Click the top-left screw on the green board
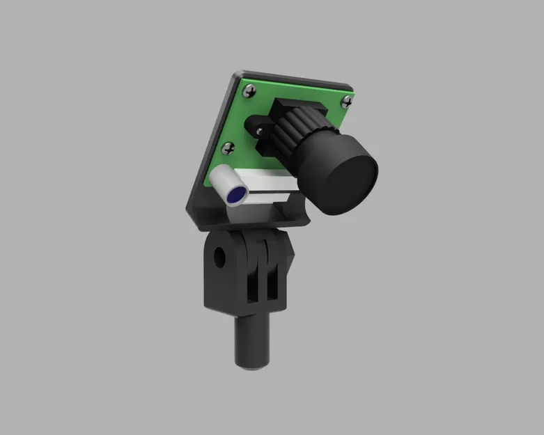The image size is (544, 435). tap(249, 90)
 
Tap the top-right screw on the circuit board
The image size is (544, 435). tap(345, 102)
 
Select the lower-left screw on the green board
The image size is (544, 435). tap(228, 148)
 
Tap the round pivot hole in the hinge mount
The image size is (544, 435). tap(222, 256)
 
